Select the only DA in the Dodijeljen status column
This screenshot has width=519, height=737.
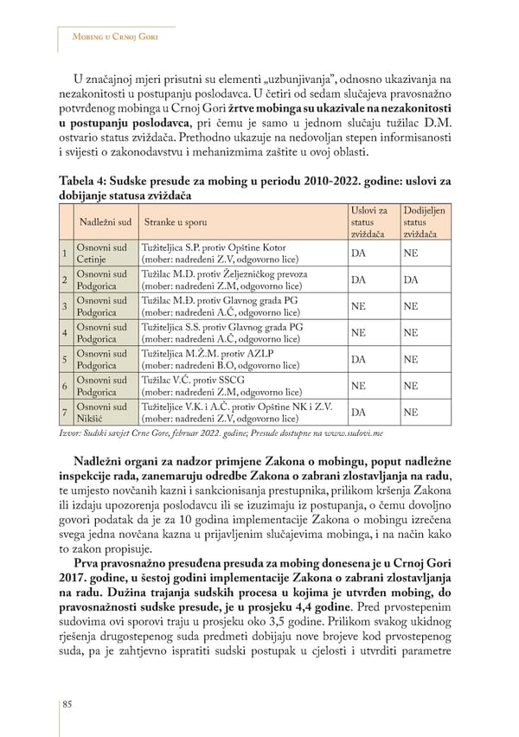[x=411, y=279]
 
